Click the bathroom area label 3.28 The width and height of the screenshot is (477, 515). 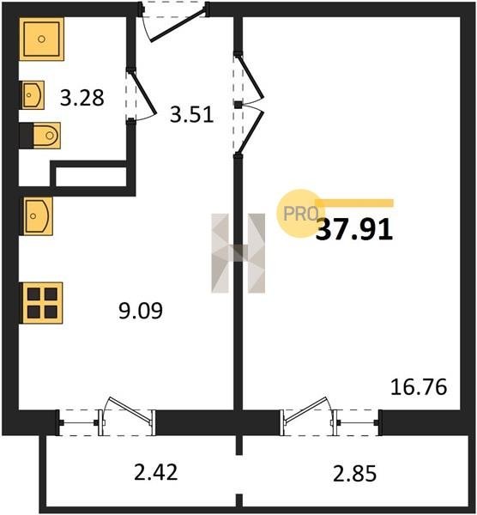(x=82, y=98)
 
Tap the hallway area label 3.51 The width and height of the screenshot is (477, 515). (x=191, y=115)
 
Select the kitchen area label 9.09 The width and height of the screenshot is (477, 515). (x=141, y=311)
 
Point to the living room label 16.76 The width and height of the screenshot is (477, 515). (x=419, y=387)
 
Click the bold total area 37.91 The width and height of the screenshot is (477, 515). (x=354, y=229)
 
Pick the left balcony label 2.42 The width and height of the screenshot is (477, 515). (x=156, y=471)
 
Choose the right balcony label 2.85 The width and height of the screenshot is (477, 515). (x=354, y=474)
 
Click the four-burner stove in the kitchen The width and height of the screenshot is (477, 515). (x=41, y=303)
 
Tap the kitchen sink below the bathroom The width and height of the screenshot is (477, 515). (x=37, y=215)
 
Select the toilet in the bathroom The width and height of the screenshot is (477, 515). (x=40, y=136)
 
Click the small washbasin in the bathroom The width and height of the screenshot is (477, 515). (x=33, y=95)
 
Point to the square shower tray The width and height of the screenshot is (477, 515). (x=41, y=39)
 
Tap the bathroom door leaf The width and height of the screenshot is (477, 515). (x=142, y=94)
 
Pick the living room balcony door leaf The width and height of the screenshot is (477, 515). (x=306, y=409)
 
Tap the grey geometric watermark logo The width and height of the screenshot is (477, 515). (x=238, y=253)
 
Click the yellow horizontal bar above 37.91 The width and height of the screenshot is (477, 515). (x=354, y=203)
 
